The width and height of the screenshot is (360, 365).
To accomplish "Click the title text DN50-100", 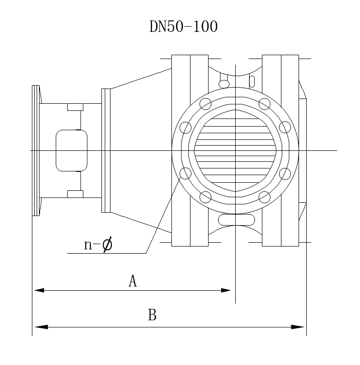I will tap(183, 27).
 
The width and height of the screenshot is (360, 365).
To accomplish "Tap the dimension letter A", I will tap(133, 281).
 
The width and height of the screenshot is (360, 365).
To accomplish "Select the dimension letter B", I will tap(152, 315).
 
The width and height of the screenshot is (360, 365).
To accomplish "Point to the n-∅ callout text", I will tap(98, 245).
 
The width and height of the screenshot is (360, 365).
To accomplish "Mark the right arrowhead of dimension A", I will tap(226, 290).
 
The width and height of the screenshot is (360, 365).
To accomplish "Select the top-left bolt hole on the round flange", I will tap(206, 103).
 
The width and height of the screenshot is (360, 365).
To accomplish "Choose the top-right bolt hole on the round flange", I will tap(264, 103).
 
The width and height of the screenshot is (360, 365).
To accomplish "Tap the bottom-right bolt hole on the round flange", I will tap(264, 196).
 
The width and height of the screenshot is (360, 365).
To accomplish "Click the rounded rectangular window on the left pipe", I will tap(71, 150).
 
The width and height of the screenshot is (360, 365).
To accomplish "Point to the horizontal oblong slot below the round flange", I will tap(236, 220).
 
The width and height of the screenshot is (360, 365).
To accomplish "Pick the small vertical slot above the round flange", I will tap(252, 79).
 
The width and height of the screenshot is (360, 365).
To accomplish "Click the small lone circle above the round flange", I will tap(224, 84).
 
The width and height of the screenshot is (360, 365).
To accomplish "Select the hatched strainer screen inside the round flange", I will tap(235, 150).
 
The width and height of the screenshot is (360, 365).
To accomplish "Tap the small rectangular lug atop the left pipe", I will tap(75, 107).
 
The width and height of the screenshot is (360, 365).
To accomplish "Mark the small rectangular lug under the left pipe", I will tap(75, 193).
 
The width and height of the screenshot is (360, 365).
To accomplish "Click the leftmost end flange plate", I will tap(36, 150).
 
